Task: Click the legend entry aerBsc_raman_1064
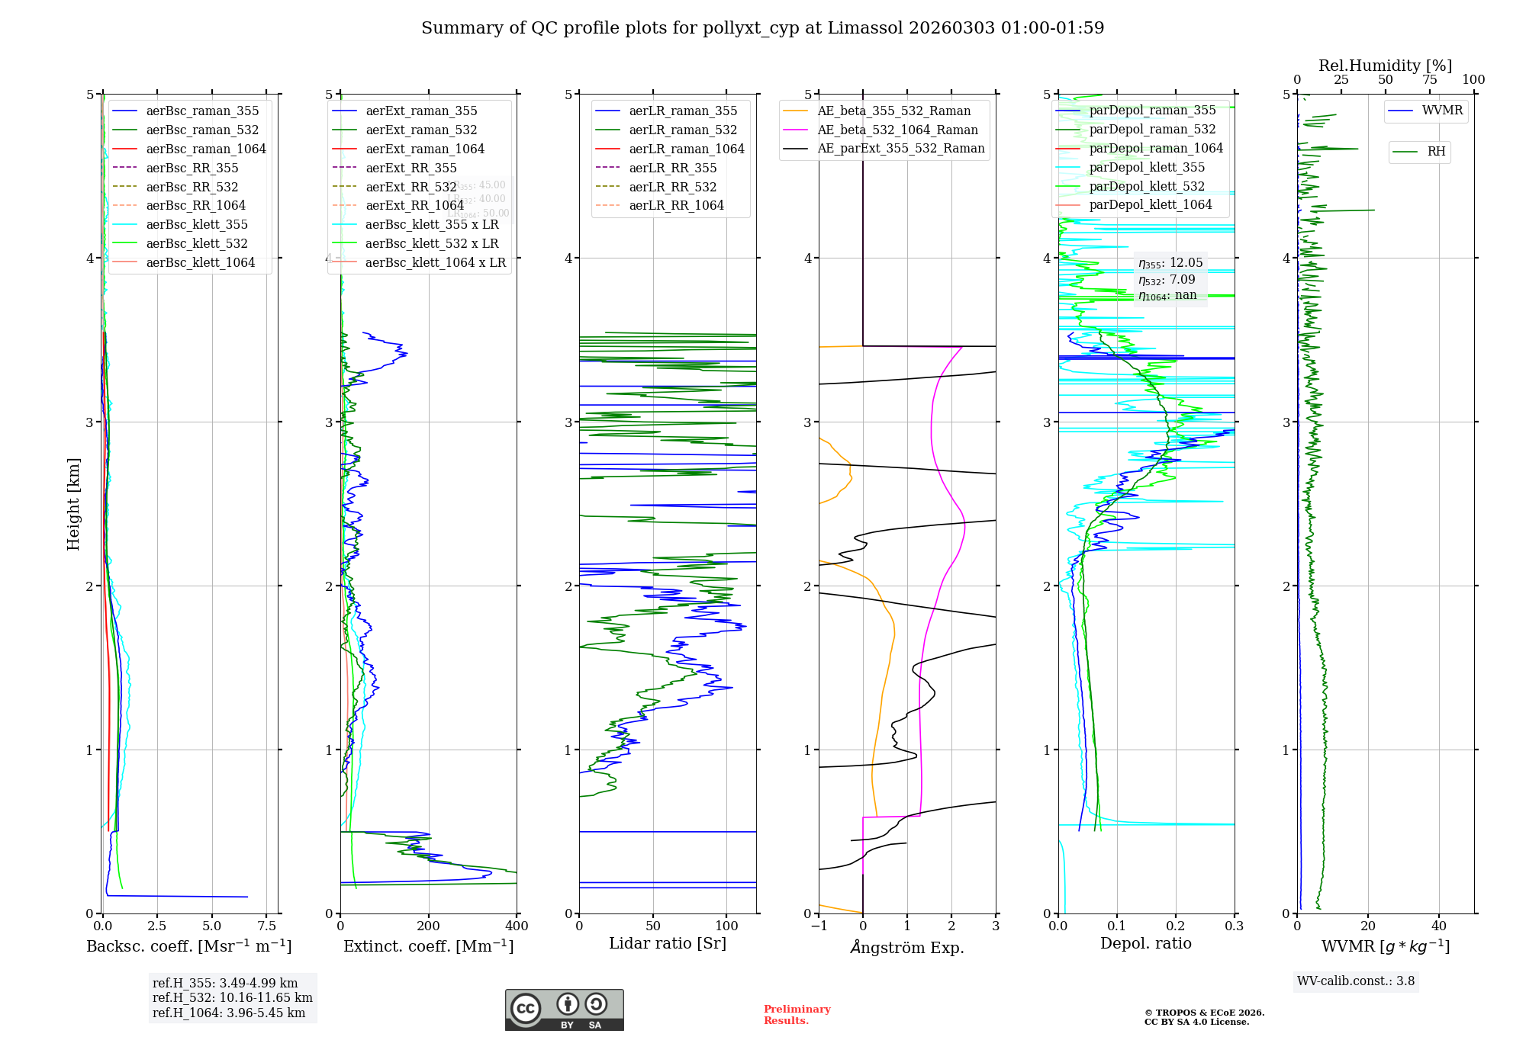[205, 149]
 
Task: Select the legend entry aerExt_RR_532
[410, 187]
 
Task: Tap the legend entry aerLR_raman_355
[682, 111]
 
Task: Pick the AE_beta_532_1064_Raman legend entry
[897, 130]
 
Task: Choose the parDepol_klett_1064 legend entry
[1150, 205]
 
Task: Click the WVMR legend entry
[1441, 111]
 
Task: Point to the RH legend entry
[1435, 152]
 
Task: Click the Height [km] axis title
[73, 504]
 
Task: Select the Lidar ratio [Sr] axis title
[668, 943]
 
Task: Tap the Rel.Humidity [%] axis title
[1385, 66]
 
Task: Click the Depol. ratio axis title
[1145, 943]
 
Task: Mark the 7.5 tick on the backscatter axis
[266, 926]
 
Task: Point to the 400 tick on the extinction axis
[517, 926]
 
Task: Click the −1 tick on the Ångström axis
[819, 926]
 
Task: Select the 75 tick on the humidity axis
[1429, 80]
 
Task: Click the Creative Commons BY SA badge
[564, 1010]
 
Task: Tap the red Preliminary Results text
[797, 1014]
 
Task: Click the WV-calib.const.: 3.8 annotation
[1356, 981]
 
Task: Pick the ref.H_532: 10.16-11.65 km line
[232, 997]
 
